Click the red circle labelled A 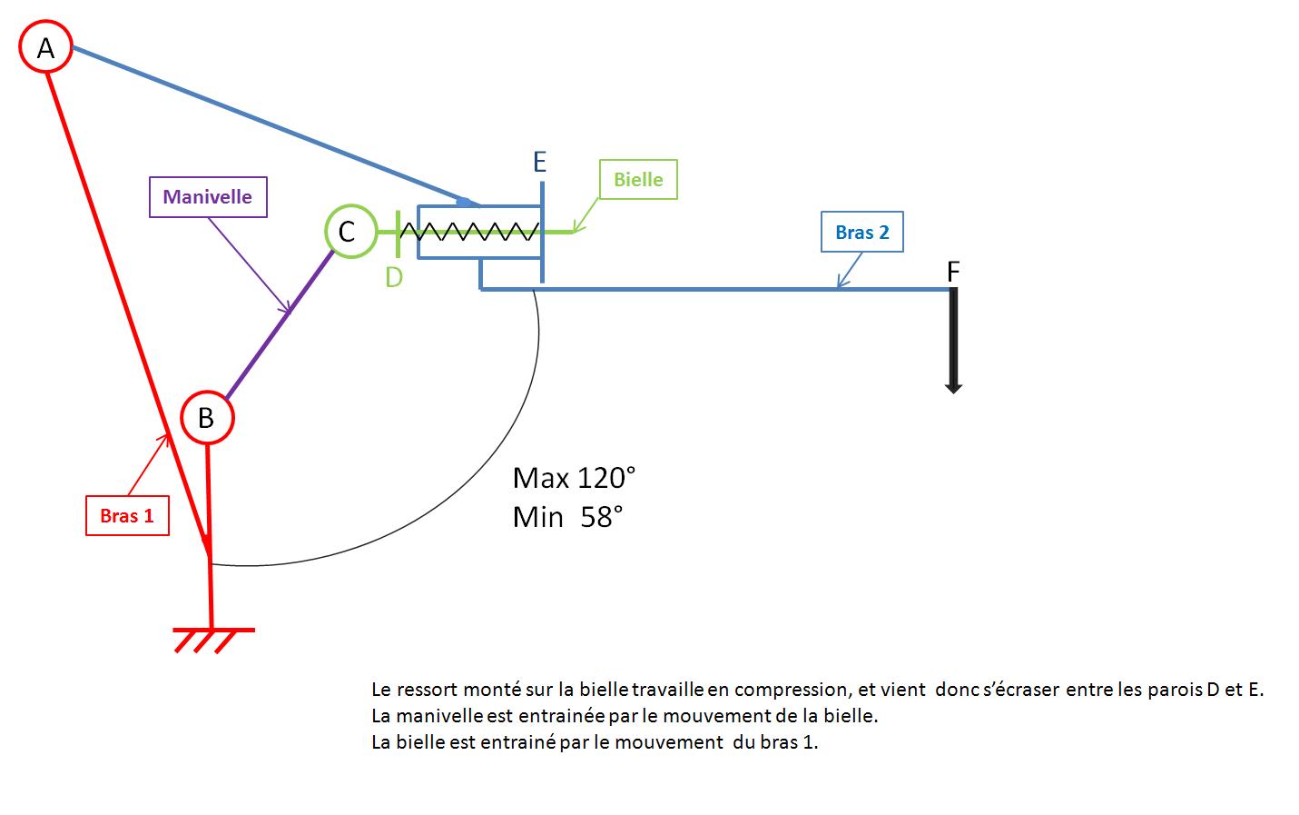coord(45,47)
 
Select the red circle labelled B coord(207,417)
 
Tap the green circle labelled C coord(349,231)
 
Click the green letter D coord(393,277)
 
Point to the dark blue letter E coord(539,163)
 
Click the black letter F coord(953,271)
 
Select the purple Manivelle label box coord(208,197)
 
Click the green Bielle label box coord(638,180)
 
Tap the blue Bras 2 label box coord(861,233)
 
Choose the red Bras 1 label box coord(127,516)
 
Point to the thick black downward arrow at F coord(953,341)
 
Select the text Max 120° coord(574,478)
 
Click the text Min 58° coord(567,517)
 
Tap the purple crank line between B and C coord(280,325)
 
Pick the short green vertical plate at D coord(399,233)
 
